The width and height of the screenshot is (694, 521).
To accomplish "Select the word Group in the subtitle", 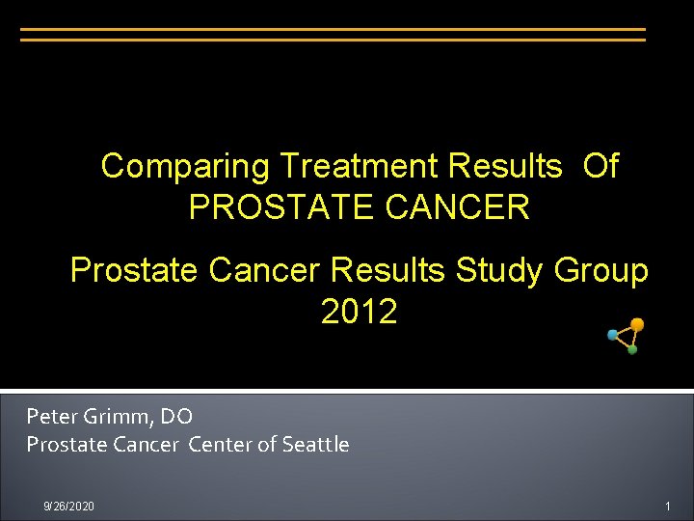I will (x=601, y=271).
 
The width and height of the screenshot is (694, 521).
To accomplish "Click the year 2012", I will (x=359, y=312).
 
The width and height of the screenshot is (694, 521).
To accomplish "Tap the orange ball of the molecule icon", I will (x=637, y=325).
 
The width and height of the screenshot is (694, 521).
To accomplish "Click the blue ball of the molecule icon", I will (x=612, y=335).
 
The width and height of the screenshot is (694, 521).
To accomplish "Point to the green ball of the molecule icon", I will (x=632, y=349).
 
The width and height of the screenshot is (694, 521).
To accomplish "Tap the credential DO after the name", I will (x=177, y=417).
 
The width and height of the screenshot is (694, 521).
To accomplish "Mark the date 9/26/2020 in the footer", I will (x=69, y=507).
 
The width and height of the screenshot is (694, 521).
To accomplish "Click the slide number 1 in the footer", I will (x=666, y=507).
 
